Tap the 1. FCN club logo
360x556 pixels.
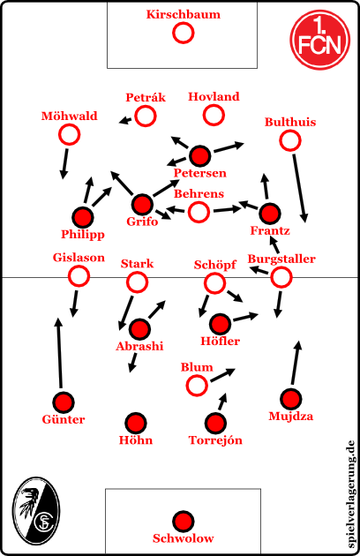320,39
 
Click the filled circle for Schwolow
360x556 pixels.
183,522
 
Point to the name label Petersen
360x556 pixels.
199,173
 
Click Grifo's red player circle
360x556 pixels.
142,205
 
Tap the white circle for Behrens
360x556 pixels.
199,212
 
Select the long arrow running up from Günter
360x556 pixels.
60,353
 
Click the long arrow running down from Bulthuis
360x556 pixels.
299,187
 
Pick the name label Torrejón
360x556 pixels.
215,440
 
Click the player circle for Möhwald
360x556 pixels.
70,135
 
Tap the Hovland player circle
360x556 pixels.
214,115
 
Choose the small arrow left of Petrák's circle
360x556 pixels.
125,121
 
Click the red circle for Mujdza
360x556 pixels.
291,399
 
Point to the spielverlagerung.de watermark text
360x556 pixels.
350,494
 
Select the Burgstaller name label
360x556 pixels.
281,259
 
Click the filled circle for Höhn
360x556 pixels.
136,423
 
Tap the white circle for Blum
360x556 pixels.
197,386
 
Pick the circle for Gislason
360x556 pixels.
79,276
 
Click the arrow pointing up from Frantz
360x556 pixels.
266,186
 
